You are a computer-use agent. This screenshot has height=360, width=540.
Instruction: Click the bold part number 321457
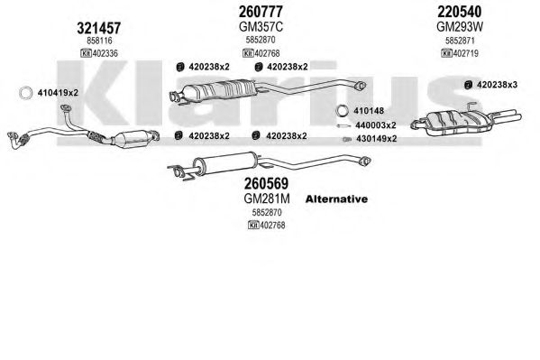click(x=99, y=28)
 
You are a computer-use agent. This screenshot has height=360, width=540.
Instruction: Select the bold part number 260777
click(x=261, y=12)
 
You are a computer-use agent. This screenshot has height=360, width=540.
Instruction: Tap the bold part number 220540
click(x=460, y=12)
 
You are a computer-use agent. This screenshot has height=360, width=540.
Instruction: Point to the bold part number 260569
click(x=266, y=184)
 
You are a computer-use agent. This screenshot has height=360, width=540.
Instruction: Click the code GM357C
click(x=261, y=26)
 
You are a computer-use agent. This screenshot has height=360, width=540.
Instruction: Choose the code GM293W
click(x=460, y=26)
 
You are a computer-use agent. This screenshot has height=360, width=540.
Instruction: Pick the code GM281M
click(x=267, y=198)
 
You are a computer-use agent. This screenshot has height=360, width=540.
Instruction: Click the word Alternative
click(x=336, y=199)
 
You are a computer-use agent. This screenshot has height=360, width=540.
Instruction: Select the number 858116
click(x=99, y=41)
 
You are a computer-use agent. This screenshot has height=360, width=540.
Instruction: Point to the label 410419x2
click(x=58, y=93)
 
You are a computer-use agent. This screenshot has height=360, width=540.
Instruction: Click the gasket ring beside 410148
click(x=342, y=111)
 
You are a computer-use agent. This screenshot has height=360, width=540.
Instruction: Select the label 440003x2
click(x=376, y=125)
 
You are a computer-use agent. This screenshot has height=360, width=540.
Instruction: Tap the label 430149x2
click(x=377, y=139)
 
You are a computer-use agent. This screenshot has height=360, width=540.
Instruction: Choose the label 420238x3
click(x=497, y=85)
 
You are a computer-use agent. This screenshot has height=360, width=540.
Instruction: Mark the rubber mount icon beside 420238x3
click(x=468, y=85)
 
